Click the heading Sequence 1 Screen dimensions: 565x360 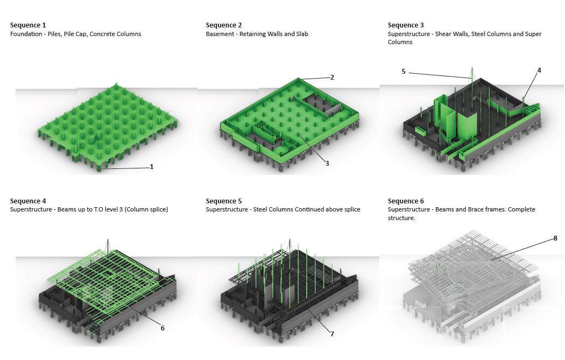28,25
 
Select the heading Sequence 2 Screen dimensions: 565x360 224,25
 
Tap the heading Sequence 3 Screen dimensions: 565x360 406,25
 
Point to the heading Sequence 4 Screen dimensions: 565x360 28,201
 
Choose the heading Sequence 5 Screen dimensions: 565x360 224,201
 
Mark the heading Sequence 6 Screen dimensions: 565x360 406,201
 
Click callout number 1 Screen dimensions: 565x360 152,167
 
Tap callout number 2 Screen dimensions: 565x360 332,77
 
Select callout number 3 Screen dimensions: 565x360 327,163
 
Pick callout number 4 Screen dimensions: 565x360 539,70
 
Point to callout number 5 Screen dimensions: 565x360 404,72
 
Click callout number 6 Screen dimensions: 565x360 163,328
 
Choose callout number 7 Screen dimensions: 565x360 332,334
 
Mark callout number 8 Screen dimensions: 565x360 555,238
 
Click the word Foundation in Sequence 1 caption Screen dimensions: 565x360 26,34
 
